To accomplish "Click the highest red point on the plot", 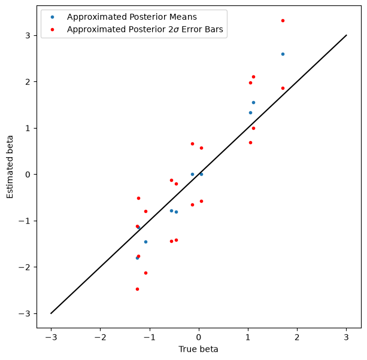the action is coord(283,20).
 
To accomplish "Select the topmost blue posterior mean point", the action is coord(283,54).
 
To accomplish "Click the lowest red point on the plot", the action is coord(137,289).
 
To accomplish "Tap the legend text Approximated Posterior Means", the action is coord(132,17).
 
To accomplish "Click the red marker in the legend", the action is coord(53,29).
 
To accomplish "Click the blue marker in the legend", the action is coord(53,17).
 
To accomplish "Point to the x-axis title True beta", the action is coord(198,349).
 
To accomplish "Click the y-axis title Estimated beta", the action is coord(10,167).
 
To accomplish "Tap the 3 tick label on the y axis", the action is coord(28,35).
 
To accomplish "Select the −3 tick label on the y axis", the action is coord(25,313).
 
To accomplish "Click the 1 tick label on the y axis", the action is coord(28,128).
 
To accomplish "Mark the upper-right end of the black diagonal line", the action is coord(347,35).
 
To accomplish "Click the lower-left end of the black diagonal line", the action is coord(51,313).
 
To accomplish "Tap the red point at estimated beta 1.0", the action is coord(253,129).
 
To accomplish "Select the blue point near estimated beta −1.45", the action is coord(146,242).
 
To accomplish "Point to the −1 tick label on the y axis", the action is coord(25,221).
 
